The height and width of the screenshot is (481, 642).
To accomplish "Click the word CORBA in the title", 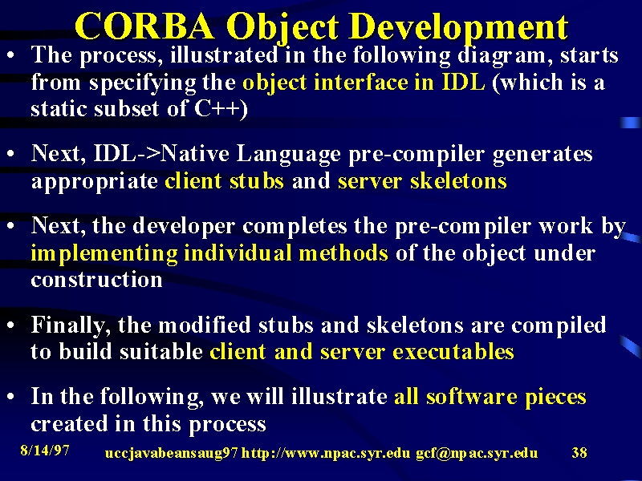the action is pos(145,26).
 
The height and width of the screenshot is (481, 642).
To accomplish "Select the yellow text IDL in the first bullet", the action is pos(464,83).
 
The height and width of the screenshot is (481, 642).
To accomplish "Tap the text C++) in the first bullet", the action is pos(221,109).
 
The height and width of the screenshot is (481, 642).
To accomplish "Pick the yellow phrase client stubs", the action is pos(224,181).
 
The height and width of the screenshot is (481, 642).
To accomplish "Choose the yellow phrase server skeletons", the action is pos(422,181).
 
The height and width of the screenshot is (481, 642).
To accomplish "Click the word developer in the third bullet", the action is pos(184,227).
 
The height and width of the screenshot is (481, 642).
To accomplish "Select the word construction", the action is pos(96,280).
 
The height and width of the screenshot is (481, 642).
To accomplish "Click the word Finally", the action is pos(71,326).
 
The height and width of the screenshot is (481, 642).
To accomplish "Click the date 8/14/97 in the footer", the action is pos(45,451).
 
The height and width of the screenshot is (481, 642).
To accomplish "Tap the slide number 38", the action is pos(579,453).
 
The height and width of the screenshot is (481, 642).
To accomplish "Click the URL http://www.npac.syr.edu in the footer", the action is pos(326,453).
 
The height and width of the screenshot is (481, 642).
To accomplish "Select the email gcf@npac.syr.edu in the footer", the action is pos(477,454).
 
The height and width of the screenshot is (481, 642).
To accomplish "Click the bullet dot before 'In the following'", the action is pos(11,396).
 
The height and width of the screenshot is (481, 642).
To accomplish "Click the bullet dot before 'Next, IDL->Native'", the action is pos(11,154).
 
